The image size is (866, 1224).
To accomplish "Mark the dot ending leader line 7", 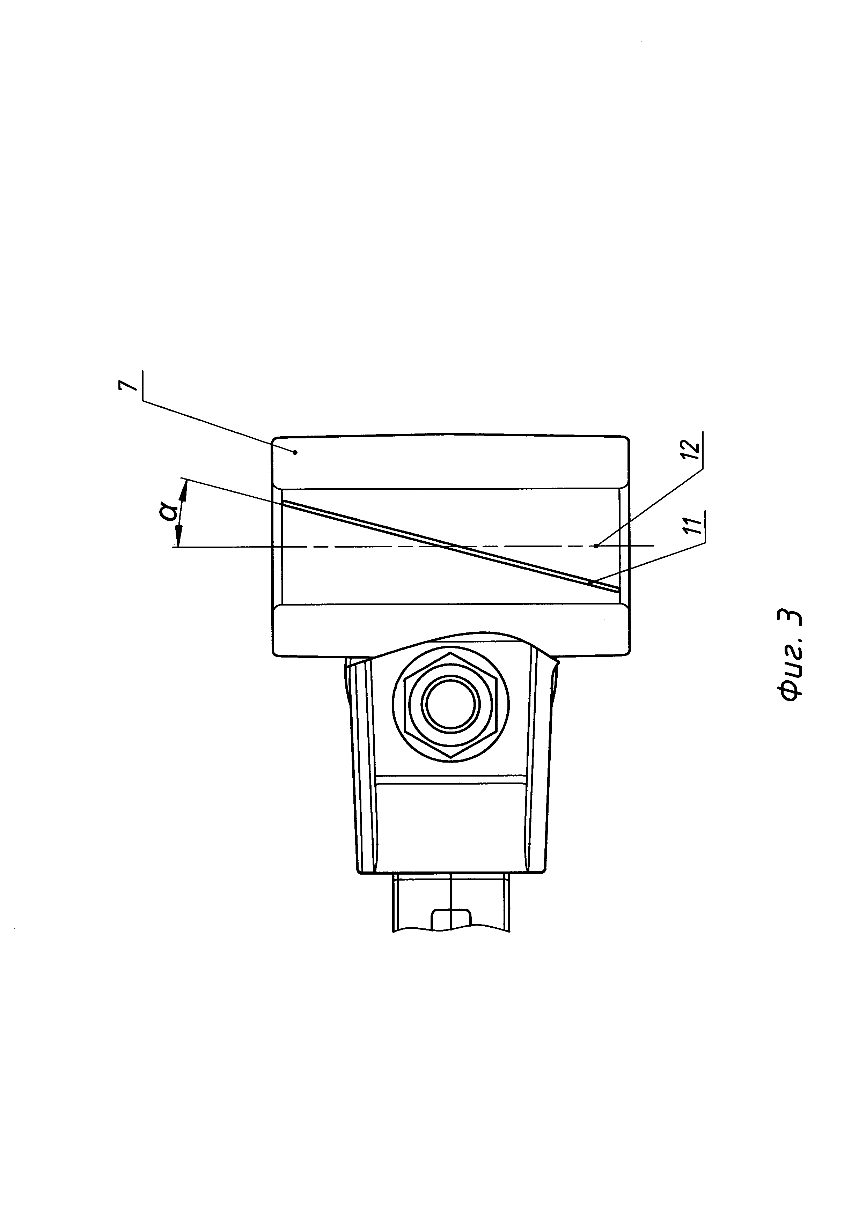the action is click(x=295, y=453).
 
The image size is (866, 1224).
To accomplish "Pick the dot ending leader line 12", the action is click(x=596, y=546).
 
